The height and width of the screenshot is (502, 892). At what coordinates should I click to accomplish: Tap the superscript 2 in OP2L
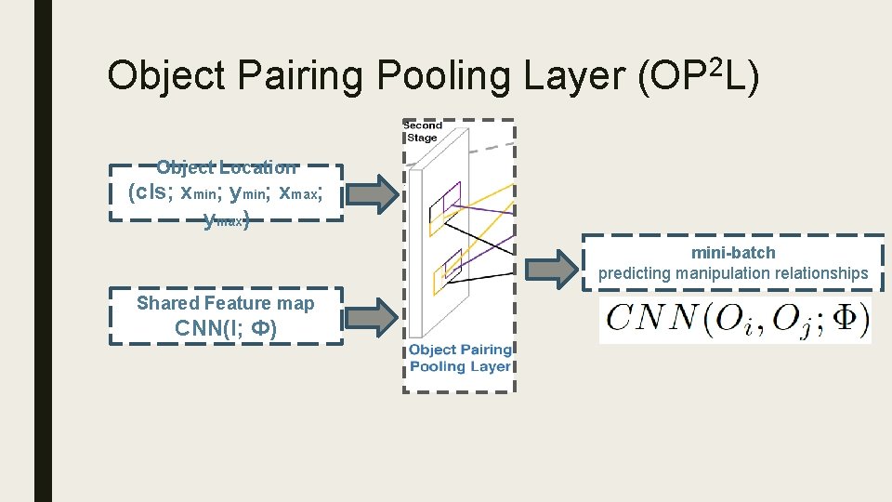point(715,64)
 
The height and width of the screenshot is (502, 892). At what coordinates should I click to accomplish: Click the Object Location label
point(226,168)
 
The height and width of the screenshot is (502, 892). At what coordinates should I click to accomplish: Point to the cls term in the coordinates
point(149,192)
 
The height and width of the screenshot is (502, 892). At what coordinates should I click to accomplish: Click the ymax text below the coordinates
point(226,220)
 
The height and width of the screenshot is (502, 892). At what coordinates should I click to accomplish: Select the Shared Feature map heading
point(226,303)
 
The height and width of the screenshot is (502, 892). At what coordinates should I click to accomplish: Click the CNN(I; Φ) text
point(226,328)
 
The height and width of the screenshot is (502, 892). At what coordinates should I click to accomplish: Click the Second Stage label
point(423,131)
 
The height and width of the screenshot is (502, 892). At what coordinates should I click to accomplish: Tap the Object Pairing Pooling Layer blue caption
point(460,358)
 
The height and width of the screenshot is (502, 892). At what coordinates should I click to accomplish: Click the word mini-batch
point(733,253)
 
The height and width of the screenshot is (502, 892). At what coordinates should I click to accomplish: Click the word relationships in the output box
point(819,273)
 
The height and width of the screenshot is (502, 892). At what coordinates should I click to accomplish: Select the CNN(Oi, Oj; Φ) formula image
point(735,321)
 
